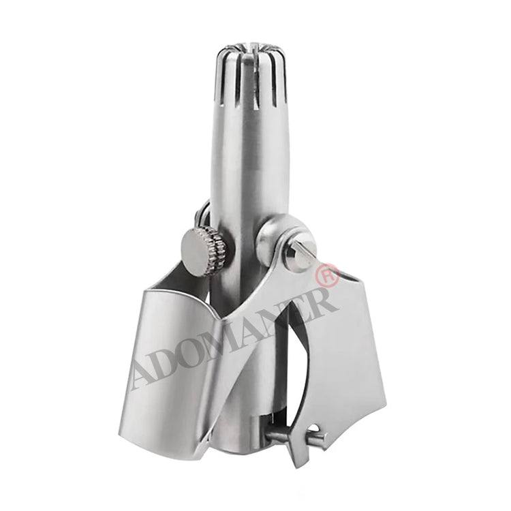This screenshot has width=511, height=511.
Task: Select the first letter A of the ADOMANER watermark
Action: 145,375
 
